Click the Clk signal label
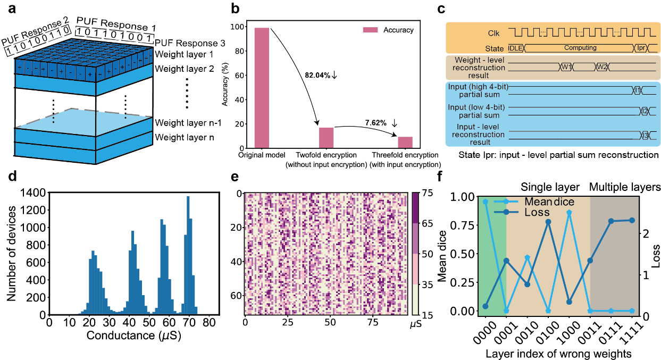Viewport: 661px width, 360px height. [493, 34]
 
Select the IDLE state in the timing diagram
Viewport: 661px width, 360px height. [515, 48]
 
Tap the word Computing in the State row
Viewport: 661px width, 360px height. [580, 48]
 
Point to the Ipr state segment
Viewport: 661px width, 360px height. [641, 48]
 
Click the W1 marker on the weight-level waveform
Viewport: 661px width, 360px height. [566, 67]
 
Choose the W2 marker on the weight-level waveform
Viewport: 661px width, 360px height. [602, 67]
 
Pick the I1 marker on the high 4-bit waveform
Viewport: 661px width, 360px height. [637, 90]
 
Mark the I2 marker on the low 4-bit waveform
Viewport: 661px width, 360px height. [645, 111]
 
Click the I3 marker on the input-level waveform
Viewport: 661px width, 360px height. [646, 135]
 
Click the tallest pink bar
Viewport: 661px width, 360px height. [262, 88]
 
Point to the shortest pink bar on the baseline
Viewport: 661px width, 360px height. [405, 142]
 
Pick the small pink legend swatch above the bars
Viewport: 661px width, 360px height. [370, 30]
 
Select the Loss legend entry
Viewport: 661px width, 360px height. [537, 212]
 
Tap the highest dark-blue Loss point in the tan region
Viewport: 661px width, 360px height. [548, 222]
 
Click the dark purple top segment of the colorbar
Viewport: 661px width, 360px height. [415, 208]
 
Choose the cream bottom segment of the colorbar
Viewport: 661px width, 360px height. [415, 299]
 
